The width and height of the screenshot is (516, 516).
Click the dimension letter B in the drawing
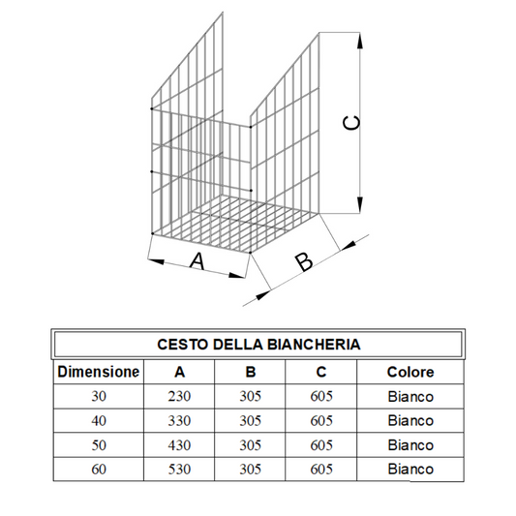click(x=303, y=261)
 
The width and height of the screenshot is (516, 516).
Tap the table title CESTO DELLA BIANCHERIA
click(x=258, y=344)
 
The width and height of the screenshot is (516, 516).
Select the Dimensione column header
click(x=98, y=372)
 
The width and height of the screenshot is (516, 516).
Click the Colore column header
click(x=410, y=372)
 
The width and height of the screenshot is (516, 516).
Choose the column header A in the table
click(x=179, y=372)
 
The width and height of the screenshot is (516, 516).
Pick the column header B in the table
click(x=251, y=372)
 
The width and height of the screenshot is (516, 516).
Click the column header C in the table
click(x=321, y=372)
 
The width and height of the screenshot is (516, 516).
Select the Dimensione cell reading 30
click(x=98, y=396)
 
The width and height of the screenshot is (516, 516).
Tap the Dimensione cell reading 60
click(x=98, y=469)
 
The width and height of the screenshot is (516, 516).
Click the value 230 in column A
click(x=179, y=396)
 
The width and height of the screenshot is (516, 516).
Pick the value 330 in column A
click(x=179, y=420)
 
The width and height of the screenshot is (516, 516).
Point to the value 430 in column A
click(x=179, y=444)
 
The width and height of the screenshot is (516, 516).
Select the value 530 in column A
click(x=179, y=469)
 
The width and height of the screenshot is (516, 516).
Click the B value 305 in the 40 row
click(x=251, y=420)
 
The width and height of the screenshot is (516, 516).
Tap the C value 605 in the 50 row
click(x=321, y=444)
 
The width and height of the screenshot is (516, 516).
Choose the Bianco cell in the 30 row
click(x=410, y=396)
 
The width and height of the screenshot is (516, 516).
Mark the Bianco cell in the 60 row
click(x=410, y=470)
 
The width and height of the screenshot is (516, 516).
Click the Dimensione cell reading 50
click(x=98, y=444)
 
